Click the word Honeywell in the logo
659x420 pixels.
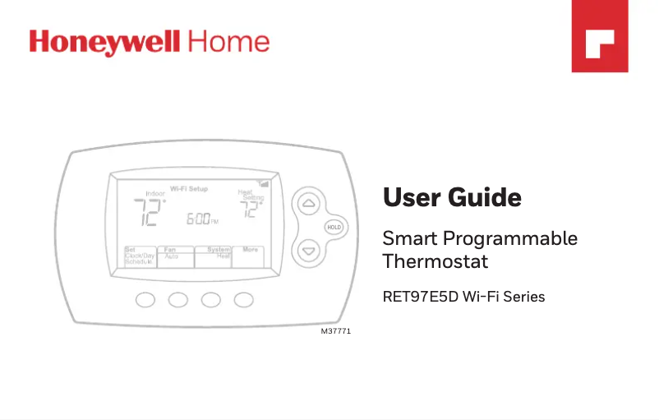tap(107, 43)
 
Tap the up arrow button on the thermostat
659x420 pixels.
tap(308, 203)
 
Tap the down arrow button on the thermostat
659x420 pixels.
tap(308, 249)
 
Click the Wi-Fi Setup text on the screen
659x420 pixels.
tap(188, 189)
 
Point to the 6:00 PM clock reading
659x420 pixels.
tap(200, 219)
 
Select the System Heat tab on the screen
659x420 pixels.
tap(214, 254)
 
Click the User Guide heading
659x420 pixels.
tap(452, 198)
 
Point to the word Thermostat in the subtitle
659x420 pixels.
tap(435, 262)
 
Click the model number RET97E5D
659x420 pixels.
tap(420, 296)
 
